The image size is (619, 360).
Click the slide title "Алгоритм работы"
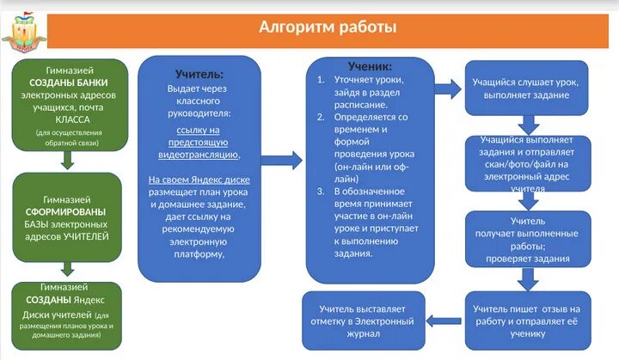click(328, 27)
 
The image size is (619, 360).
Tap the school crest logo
click(28, 29)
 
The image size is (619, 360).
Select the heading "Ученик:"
click(370, 66)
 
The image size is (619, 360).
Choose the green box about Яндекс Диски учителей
click(68, 315)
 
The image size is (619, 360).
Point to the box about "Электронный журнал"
click(362, 320)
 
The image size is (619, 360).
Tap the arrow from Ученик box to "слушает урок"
click(446, 87)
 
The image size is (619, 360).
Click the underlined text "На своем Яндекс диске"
click(199, 180)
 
